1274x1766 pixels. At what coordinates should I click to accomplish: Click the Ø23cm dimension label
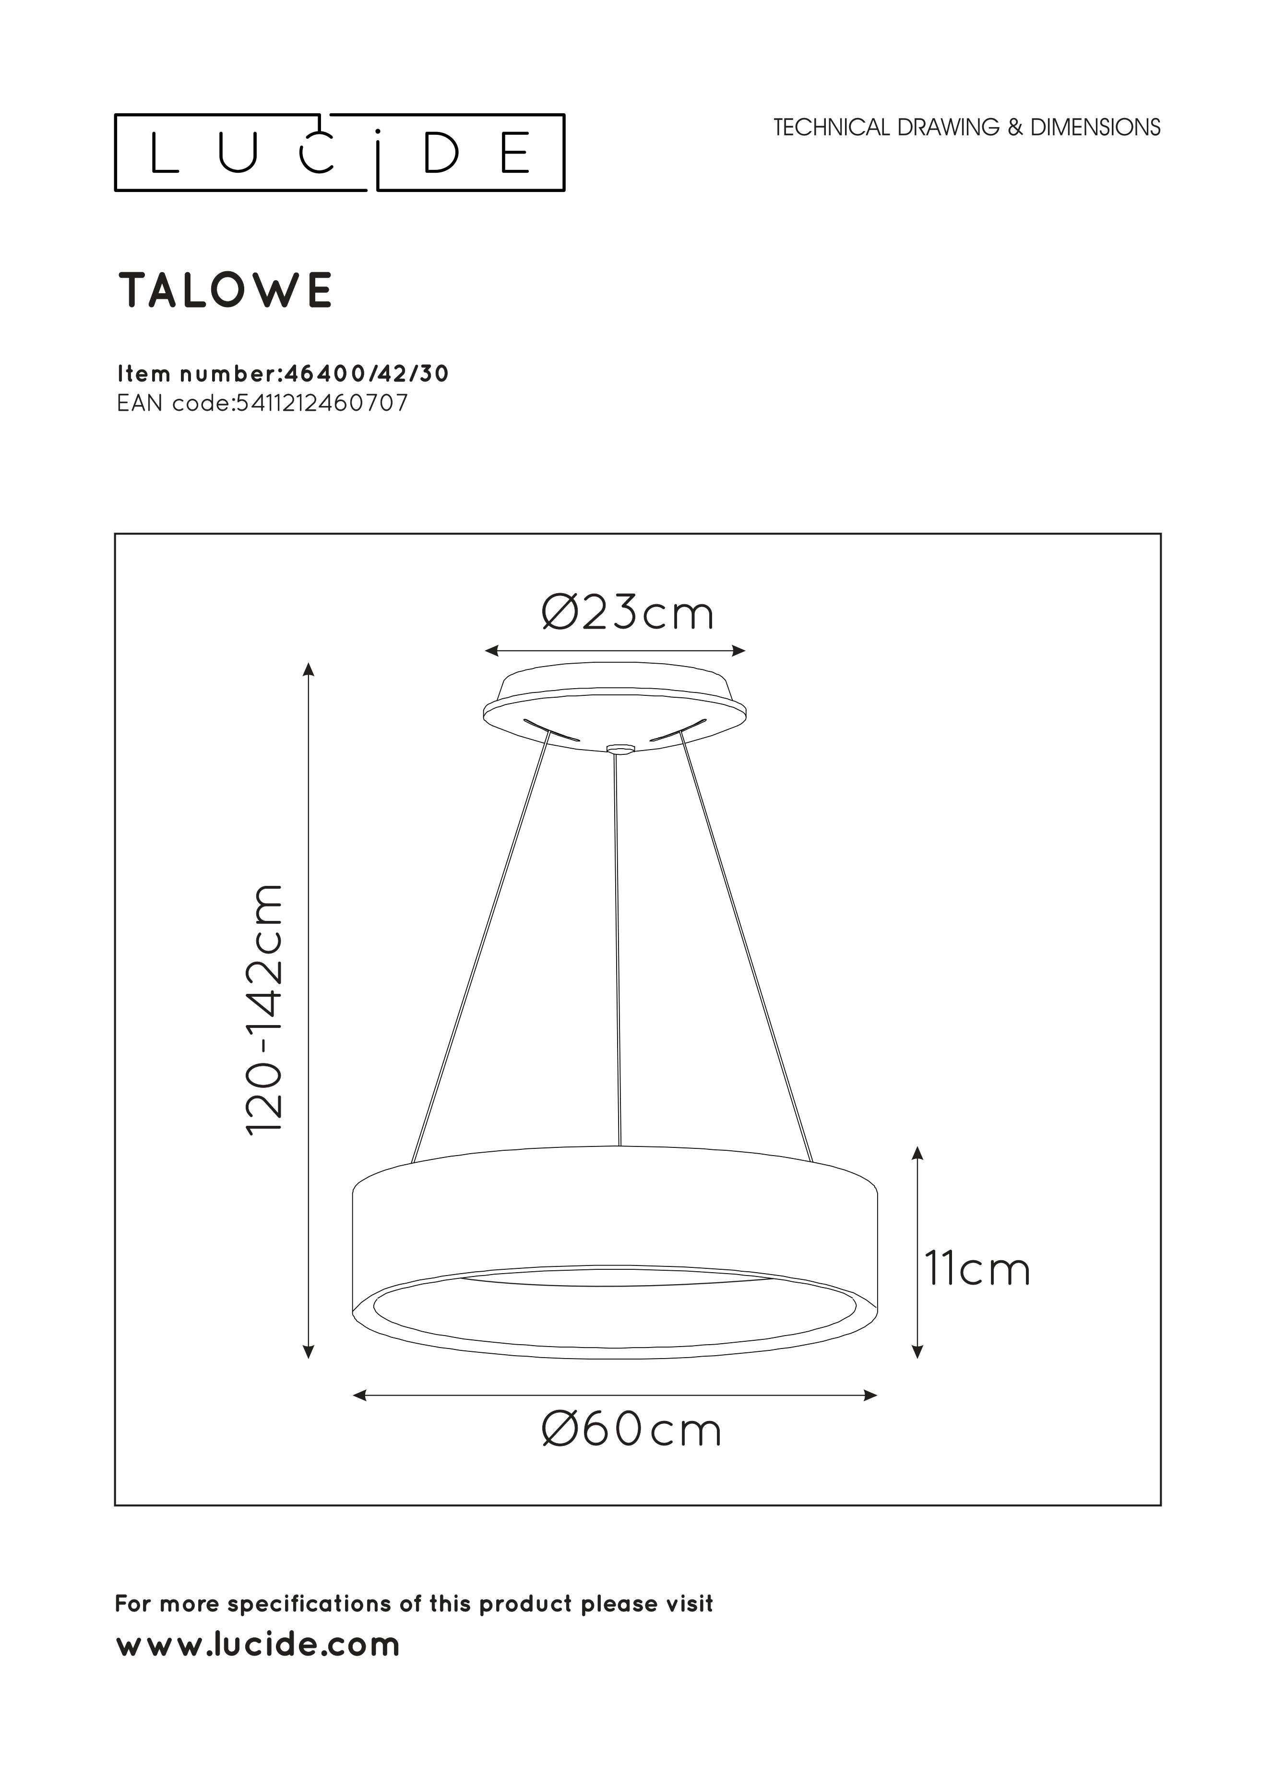click(627, 614)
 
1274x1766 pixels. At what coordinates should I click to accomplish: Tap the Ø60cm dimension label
click(631, 1431)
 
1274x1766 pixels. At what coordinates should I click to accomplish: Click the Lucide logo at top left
click(340, 153)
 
